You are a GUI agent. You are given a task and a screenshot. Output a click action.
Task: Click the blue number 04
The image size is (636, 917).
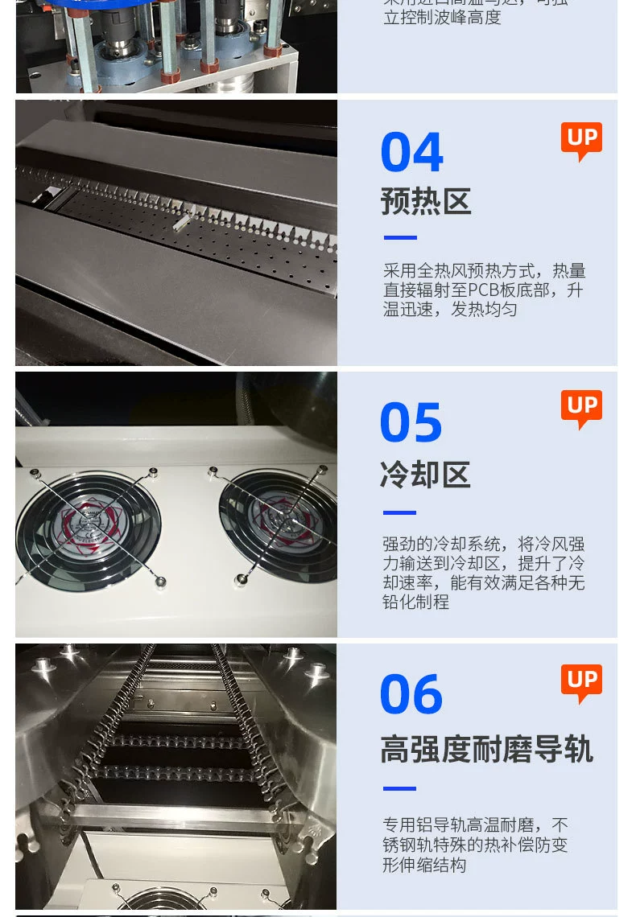[411, 153]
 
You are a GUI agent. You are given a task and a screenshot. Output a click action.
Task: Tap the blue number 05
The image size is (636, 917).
[411, 423]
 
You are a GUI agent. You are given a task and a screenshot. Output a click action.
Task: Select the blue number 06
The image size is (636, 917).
[411, 695]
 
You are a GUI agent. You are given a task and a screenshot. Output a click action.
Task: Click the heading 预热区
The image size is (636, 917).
[426, 202]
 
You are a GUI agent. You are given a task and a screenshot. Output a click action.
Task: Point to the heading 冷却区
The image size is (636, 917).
[425, 475]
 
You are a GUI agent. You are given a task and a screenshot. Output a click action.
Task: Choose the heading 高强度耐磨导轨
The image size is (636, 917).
[486, 750]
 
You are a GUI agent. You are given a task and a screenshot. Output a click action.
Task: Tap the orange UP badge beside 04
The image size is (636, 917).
[581, 141]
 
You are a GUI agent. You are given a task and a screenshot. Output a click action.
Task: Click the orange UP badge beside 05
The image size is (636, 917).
[581, 409]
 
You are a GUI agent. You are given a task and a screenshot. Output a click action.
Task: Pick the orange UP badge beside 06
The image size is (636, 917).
[581, 683]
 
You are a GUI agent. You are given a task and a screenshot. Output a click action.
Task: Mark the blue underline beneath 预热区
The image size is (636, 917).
[400, 238]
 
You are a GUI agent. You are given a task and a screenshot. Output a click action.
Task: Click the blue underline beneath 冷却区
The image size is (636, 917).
[399, 512]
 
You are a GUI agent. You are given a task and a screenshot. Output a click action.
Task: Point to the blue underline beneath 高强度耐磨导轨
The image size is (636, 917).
[399, 788]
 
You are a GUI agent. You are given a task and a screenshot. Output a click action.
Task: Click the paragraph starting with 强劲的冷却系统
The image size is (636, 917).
[483, 573]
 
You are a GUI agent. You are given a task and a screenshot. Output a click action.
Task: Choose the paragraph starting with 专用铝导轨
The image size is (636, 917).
[475, 845]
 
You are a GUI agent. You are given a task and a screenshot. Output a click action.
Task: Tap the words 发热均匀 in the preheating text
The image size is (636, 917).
[483, 310]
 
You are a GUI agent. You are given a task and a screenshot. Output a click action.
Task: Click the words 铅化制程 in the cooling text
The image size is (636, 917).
[415, 602]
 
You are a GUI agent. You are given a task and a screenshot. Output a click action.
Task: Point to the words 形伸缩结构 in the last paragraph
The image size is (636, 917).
[424, 866]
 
